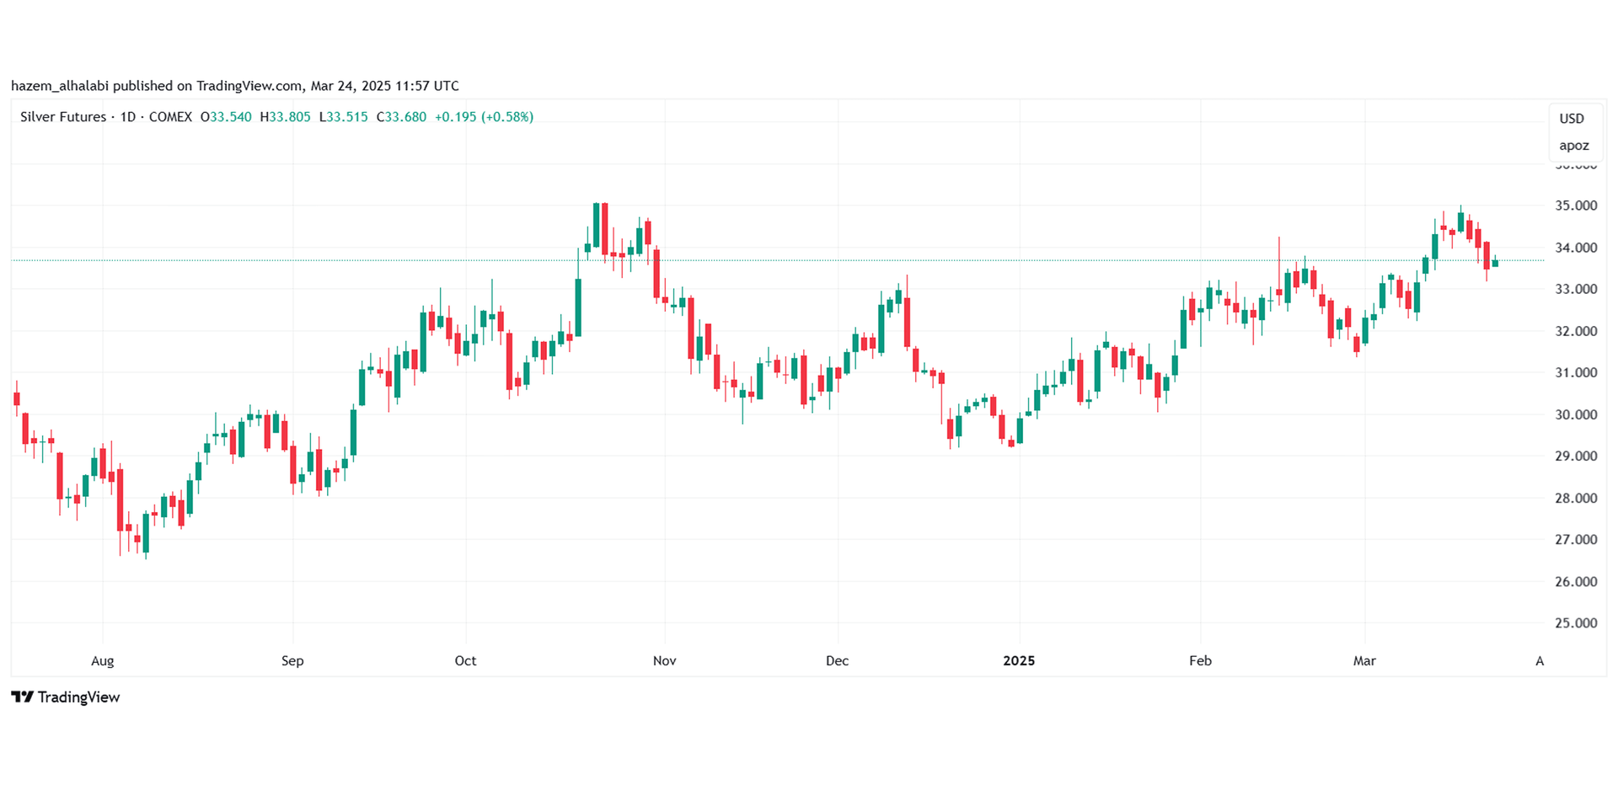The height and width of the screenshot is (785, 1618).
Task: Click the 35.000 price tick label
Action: [x=1575, y=206]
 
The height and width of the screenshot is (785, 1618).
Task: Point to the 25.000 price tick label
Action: [x=1575, y=623]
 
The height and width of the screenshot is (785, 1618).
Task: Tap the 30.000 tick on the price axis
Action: [x=1575, y=414]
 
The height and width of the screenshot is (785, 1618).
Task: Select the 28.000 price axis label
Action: [x=1575, y=498]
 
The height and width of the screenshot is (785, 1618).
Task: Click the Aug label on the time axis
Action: [x=102, y=661]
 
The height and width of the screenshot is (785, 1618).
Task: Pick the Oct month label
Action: [x=465, y=661]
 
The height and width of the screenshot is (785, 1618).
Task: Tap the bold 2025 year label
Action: [x=1019, y=661]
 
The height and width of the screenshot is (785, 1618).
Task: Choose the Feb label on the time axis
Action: [x=1200, y=661]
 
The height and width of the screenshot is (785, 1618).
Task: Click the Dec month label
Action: [x=837, y=661]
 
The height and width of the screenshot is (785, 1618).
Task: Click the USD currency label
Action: [x=1572, y=119]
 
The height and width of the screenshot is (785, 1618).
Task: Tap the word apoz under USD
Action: [x=1573, y=146]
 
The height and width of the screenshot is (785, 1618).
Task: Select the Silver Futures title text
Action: [x=63, y=117]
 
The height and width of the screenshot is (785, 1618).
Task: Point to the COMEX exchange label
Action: [x=170, y=117]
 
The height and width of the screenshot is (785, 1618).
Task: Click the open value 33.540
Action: [x=230, y=117]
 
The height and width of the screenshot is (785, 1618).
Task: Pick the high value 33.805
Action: [x=289, y=117]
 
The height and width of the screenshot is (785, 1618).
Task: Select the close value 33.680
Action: [x=405, y=117]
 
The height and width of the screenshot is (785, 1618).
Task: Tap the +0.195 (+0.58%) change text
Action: [x=484, y=117]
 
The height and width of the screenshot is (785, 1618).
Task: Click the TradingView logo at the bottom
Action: [x=66, y=697]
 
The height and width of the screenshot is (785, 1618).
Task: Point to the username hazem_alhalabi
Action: [x=60, y=86]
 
